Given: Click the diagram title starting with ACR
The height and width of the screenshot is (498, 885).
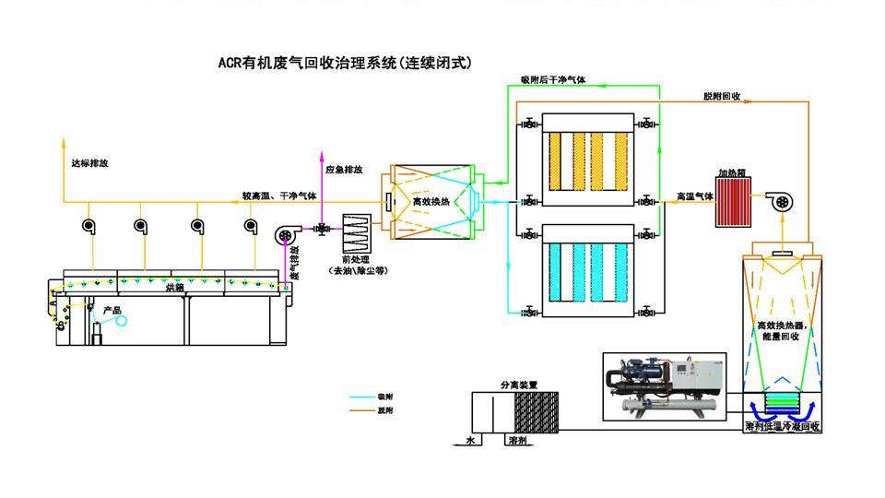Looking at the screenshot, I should [x=344, y=64].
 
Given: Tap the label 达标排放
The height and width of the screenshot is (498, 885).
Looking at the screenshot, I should [x=89, y=163].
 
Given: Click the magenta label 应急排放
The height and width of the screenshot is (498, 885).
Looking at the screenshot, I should [x=344, y=170].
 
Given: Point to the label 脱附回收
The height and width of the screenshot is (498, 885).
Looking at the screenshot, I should [x=722, y=96].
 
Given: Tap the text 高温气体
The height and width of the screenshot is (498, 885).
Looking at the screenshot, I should [x=694, y=196].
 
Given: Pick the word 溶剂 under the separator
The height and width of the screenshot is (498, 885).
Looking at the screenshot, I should [x=518, y=442].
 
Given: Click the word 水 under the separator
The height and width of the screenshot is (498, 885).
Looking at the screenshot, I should [x=469, y=442].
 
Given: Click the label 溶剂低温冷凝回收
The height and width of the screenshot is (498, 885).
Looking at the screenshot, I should [x=782, y=427].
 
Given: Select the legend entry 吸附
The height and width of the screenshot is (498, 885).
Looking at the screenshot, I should [x=386, y=396].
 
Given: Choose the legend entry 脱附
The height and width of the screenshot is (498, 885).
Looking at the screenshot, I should [x=386, y=410].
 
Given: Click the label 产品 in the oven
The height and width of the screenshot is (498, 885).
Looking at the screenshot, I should [x=112, y=311].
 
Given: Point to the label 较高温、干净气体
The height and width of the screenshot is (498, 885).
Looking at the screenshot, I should [x=279, y=196].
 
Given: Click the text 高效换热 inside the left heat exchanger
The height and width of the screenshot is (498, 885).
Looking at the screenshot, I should [x=431, y=201].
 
